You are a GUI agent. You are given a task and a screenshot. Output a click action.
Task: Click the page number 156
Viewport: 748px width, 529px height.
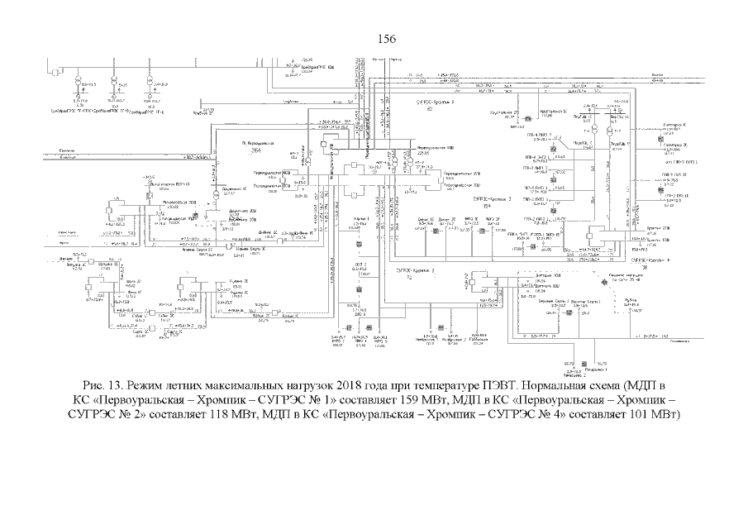tap(387, 38)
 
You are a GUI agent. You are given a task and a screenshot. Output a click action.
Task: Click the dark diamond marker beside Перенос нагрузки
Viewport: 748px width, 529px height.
tap(603, 283)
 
